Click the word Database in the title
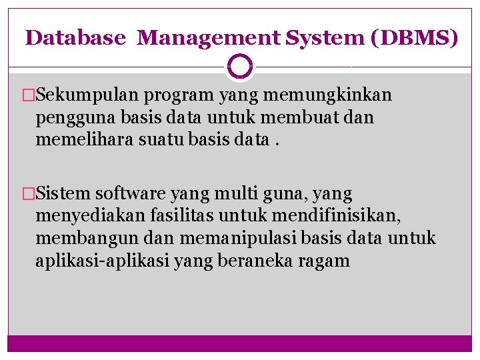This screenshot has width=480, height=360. point(75,37)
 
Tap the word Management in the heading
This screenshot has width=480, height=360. point(209,37)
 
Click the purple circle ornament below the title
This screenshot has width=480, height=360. point(240,67)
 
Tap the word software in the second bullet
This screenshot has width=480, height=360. point(131,194)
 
